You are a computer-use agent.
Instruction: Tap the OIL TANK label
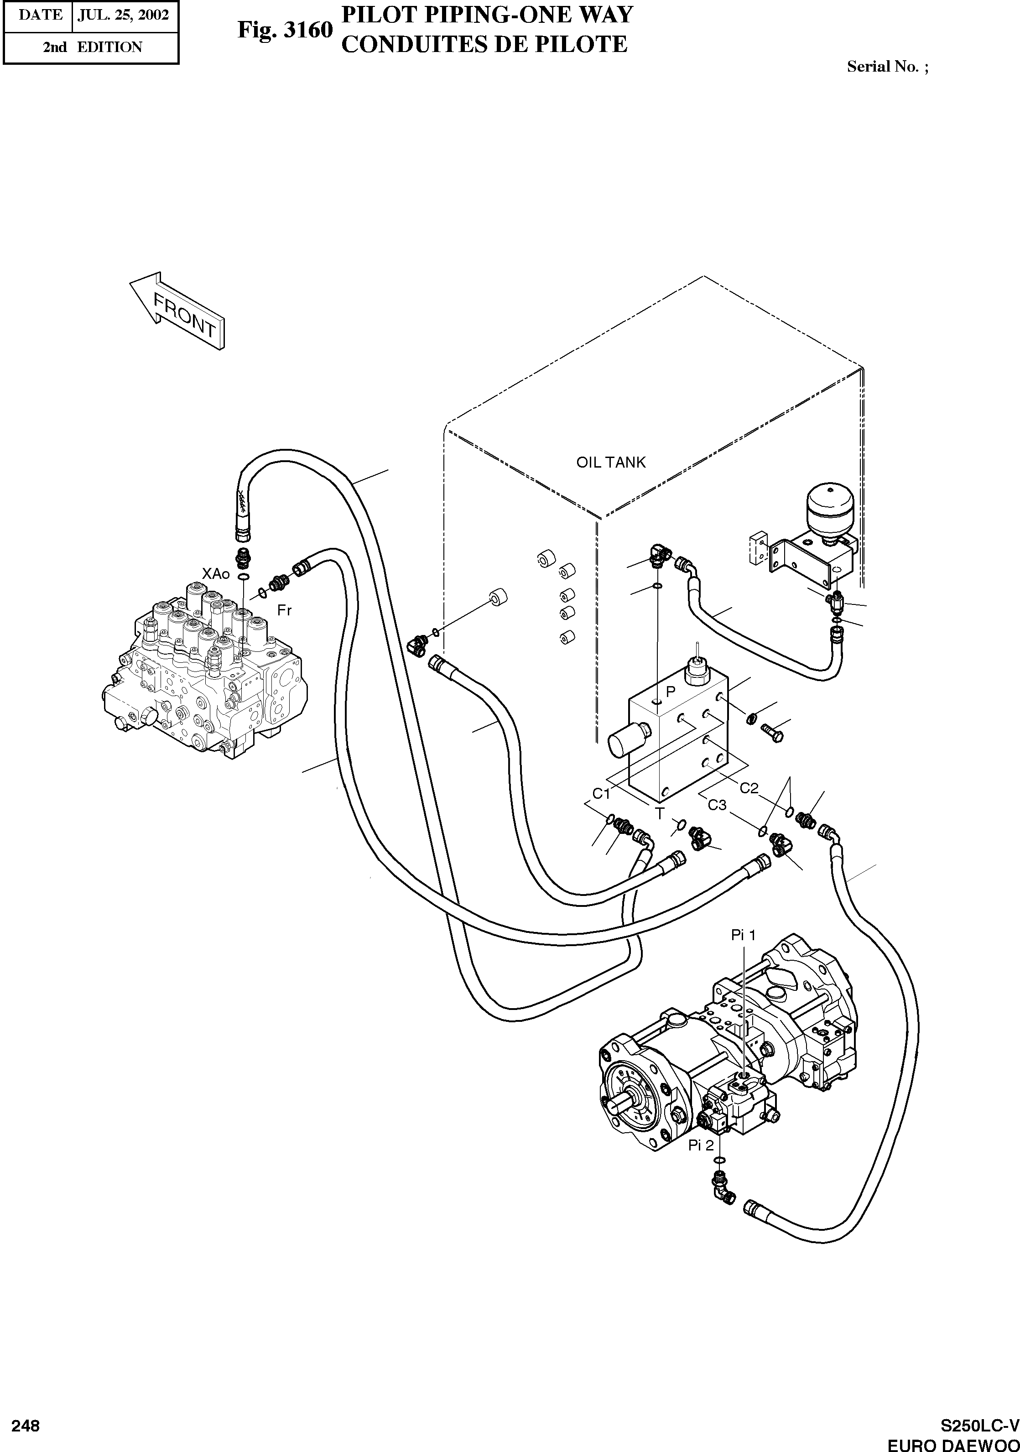point(610,462)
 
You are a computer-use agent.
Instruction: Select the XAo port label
point(216,573)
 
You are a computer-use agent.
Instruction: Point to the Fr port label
point(285,610)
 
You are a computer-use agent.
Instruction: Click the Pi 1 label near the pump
point(743,935)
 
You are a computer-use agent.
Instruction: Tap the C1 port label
point(601,793)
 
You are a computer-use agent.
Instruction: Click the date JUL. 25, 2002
point(123,15)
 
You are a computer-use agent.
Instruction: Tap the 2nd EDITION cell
point(92,47)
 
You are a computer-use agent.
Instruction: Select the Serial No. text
point(887,67)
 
